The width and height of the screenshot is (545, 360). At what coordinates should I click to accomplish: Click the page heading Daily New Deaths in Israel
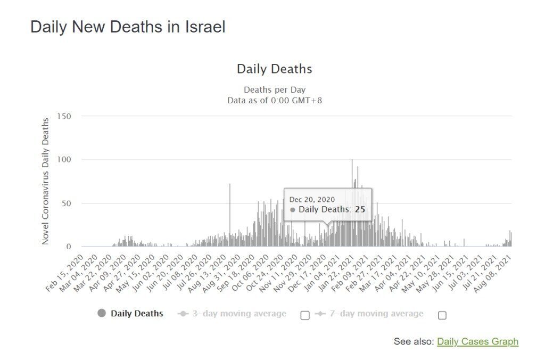pyautogui.click(x=128, y=27)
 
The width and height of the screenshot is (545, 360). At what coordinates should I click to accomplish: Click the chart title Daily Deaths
pyautogui.click(x=274, y=69)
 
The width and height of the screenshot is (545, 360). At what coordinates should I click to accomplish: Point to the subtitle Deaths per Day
pyautogui.click(x=274, y=89)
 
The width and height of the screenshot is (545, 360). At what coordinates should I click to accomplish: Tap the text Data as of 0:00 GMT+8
pyautogui.click(x=274, y=100)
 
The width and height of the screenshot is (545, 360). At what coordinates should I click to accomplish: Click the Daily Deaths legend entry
pyautogui.click(x=130, y=313)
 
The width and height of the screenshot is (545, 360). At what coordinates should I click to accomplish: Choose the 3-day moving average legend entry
pyautogui.click(x=232, y=314)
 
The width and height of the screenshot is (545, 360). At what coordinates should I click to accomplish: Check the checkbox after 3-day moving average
pyautogui.click(x=305, y=315)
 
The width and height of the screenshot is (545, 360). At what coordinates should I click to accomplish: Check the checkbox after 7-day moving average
pyautogui.click(x=442, y=315)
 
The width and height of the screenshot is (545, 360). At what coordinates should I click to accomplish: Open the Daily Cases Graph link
pyautogui.click(x=477, y=341)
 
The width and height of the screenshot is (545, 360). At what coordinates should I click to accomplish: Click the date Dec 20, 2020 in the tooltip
pyautogui.click(x=312, y=199)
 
